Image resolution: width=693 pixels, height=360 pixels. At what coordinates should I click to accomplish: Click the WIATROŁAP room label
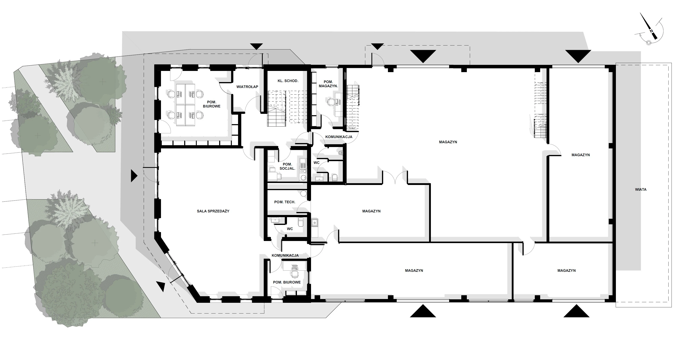[247, 87]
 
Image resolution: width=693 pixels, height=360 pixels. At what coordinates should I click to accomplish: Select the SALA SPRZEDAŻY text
[213, 211]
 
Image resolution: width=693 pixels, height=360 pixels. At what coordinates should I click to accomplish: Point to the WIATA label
[641, 190]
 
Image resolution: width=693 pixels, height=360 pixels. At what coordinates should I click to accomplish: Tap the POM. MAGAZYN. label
[328, 84]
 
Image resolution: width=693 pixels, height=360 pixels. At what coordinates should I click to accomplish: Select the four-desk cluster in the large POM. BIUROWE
[185, 105]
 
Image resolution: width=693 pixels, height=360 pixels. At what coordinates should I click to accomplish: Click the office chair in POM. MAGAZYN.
[331, 102]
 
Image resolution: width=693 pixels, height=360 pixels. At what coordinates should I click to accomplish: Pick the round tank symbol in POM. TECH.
[303, 193]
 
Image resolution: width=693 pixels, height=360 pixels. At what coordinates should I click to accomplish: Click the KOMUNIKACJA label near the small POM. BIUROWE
[285, 255]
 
